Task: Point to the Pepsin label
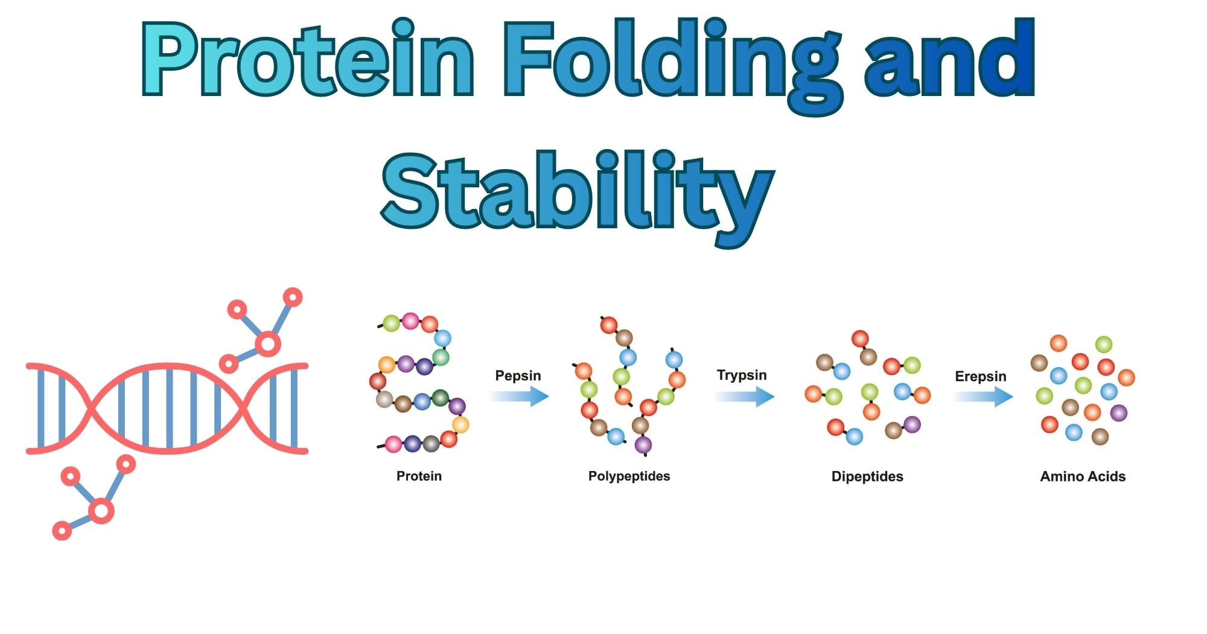click(x=518, y=376)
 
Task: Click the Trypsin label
click(x=742, y=375)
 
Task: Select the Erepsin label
click(x=980, y=377)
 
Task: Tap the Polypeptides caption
click(x=629, y=476)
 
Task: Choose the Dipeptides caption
click(x=867, y=476)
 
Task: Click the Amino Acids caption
click(x=1083, y=476)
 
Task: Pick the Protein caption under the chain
click(x=419, y=476)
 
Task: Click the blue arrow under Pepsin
click(x=519, y=397)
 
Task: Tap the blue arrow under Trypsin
click(x=744, y=397)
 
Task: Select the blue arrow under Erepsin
click(x=982, y=397)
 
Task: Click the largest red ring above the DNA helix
click(x=267, y=344)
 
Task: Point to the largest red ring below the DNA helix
click(x=101, y=511)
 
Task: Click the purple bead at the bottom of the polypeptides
click(x=643, y=446)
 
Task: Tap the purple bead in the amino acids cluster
click(x=1118, y=413)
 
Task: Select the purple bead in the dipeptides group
click(x=912, y=424)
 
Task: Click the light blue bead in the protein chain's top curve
click(x=443, y=338)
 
